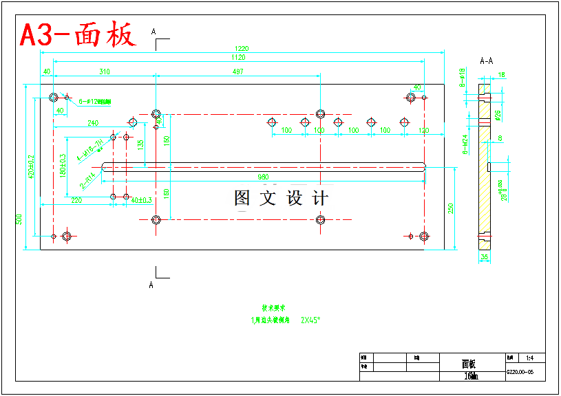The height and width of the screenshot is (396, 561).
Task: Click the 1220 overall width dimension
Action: point(241,49)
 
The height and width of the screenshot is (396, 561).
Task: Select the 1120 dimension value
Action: point(237,58)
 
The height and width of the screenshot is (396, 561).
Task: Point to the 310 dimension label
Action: point(104,71)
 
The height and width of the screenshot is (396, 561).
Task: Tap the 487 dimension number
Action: point(237,71)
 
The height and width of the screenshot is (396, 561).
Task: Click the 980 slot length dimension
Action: point(263,177)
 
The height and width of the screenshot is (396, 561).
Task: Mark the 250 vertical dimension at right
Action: point(451,207)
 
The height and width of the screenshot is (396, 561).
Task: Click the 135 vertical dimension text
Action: point(140,145)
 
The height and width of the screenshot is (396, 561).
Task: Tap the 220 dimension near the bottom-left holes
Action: point(76,201)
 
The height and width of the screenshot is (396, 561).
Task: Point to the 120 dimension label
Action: point(423,130)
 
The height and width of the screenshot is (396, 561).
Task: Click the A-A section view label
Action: point(486,60)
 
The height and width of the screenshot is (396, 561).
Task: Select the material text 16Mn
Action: point(471,376)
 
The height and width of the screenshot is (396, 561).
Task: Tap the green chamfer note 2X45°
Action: point(311,320)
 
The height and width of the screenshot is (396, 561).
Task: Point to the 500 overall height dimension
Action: point(19,220)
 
